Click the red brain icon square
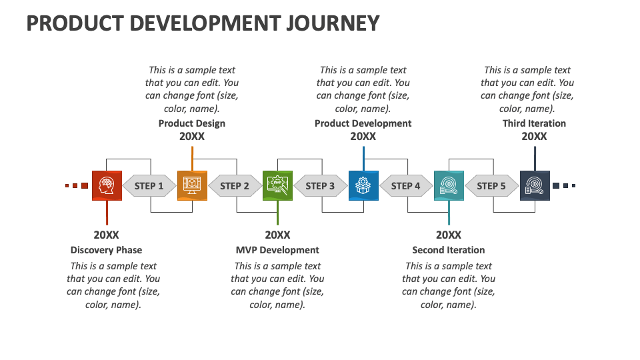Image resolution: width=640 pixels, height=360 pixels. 107,185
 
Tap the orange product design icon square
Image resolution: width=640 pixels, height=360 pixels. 192,185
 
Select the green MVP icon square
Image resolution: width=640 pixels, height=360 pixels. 277,185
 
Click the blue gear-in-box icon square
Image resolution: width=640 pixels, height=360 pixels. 363,185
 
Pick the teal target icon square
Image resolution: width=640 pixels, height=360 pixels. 449,185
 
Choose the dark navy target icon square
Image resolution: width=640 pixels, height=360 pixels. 535,185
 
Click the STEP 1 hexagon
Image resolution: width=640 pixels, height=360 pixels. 149,186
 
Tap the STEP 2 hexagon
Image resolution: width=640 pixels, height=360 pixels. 235,186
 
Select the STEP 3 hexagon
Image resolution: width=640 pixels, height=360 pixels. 320,186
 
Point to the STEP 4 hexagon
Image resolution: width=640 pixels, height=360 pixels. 406,186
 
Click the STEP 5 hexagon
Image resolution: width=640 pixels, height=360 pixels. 491,186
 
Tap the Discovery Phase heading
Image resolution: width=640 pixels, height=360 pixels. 106,250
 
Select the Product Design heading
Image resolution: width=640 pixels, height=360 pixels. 192,123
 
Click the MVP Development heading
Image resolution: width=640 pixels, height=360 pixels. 277,250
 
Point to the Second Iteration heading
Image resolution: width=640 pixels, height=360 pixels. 449,250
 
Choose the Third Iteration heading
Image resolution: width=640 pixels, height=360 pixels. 534,123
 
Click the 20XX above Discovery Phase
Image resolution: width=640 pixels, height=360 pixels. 106,235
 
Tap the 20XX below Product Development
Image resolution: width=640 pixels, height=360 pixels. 363,136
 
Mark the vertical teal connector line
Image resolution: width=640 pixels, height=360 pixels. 449,213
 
